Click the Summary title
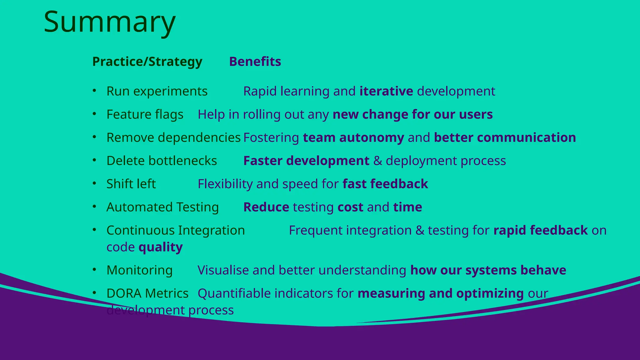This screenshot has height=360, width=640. (109, 22)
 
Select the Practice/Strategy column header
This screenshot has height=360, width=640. (147, 62)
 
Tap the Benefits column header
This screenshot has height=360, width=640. (255, 62)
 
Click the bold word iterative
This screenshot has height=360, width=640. (386, 91)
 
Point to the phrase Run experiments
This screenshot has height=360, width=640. (157, 91)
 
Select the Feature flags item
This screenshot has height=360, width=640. (145, 114)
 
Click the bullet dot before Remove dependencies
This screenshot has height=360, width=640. (94, 137)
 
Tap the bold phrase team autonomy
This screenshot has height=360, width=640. (353, 137)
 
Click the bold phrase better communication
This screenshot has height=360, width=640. (505, 137)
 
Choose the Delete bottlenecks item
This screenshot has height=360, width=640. (162, 161)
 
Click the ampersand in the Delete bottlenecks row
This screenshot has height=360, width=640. (377, 161)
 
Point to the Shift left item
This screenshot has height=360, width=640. (131, 184)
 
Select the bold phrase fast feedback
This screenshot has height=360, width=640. (385, 184)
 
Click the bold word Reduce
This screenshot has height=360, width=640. (266, 207)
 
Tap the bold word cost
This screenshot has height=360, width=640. (350, 207)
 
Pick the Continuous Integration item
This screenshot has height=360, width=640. (176, 230)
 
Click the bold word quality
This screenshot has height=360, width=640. (161, 247)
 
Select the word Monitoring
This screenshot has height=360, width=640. (139, 270)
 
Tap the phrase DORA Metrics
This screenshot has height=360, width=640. (147, 293)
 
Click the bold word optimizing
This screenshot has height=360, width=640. (490, 293)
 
